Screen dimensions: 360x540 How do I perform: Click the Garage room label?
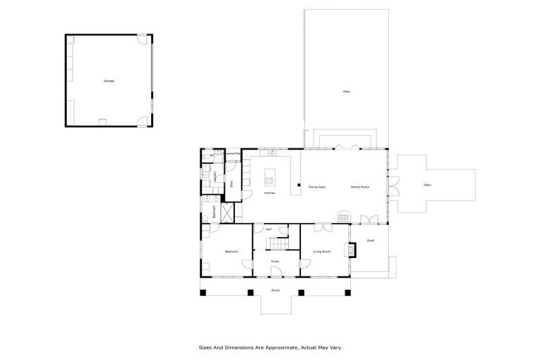pos(109,81)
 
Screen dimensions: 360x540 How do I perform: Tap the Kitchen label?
pos(269,193)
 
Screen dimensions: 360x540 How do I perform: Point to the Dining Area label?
pos(316,186)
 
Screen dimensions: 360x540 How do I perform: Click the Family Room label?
pos(360,186)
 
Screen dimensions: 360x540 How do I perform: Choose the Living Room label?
pos(321,251)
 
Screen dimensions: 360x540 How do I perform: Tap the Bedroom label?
pos(231,251)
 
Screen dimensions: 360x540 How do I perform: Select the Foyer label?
pos(276,262)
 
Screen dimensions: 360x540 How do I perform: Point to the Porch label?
pos(276,290)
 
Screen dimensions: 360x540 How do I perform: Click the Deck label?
pos(371,240)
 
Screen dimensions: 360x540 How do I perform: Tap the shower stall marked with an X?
pos(227,212)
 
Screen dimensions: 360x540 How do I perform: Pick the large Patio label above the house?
pos(346,91)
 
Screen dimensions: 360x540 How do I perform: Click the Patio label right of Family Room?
pos(427,185)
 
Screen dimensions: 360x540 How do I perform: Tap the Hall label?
pos(269,229)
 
